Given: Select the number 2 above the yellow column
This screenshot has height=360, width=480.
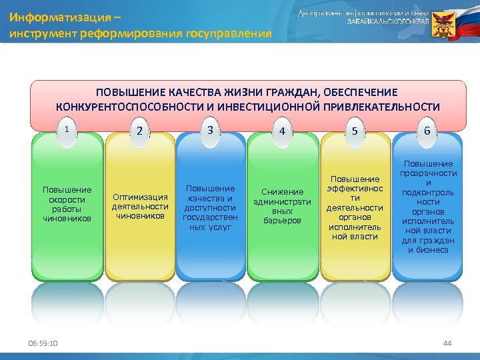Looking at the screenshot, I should point(139,131).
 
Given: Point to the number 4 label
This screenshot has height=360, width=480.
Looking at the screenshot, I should point(283,131).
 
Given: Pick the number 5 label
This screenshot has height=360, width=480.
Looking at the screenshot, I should point(355,131).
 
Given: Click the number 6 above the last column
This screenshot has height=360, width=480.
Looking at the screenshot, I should point(427,131).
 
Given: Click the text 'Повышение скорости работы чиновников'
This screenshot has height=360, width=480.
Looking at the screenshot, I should point(67,203).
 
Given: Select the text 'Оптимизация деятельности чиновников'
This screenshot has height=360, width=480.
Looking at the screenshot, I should point(139,206).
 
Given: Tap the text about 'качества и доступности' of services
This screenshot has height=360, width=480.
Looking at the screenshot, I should point(210,207).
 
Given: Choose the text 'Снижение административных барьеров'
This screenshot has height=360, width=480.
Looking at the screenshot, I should point(283,206).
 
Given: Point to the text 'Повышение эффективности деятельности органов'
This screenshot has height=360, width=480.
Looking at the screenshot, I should point(355,207).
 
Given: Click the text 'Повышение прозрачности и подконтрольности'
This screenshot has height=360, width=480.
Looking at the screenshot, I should point(428,207).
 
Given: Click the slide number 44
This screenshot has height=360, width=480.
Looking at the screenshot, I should point(447,343).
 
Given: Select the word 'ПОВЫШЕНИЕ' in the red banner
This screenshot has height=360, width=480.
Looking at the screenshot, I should point(125,92).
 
